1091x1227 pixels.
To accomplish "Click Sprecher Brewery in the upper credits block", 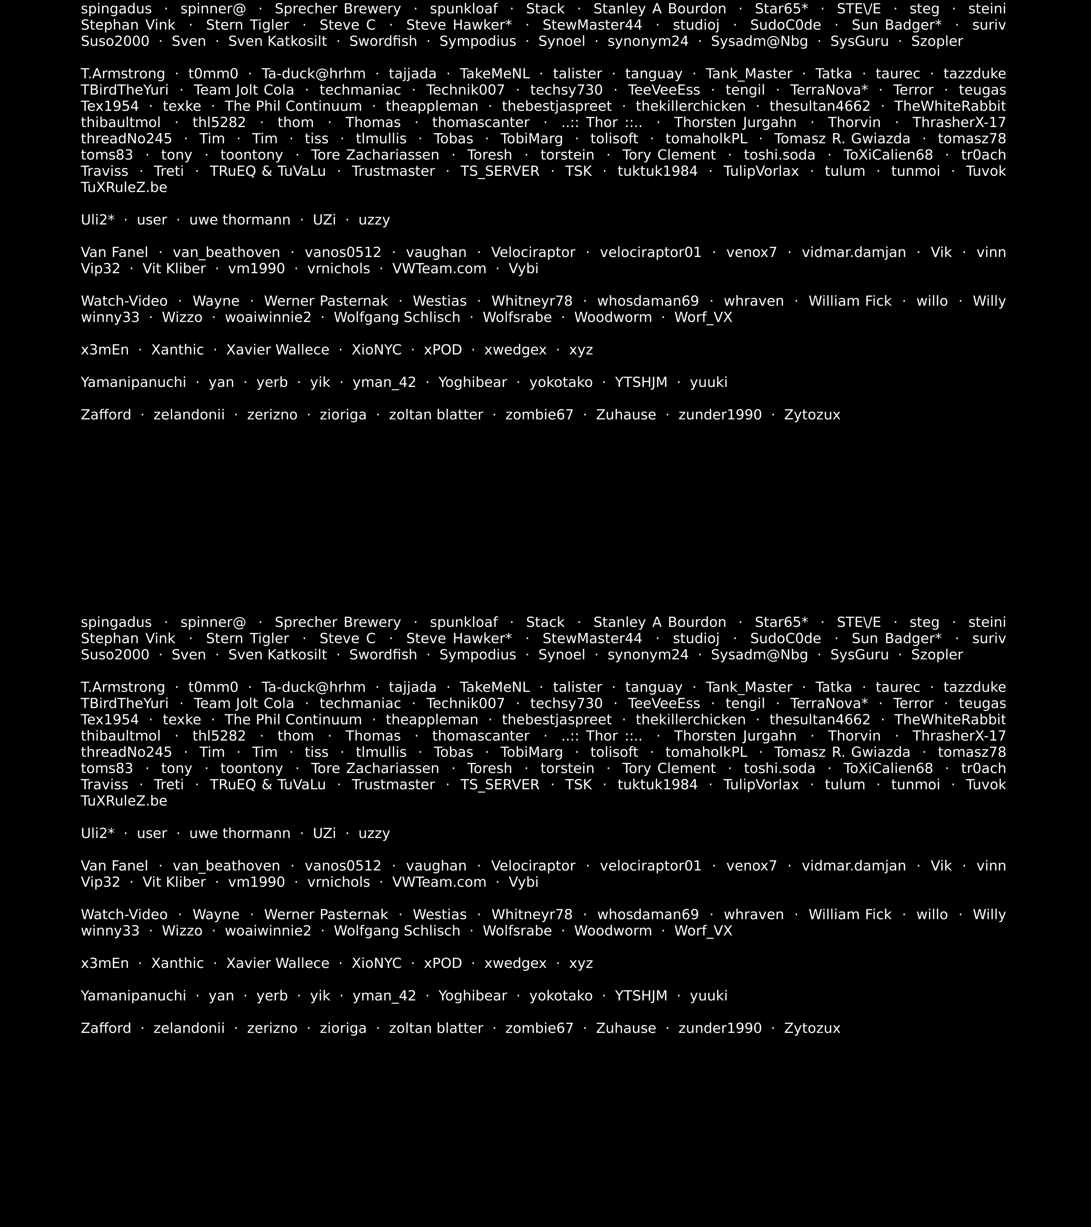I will tap(337, 9).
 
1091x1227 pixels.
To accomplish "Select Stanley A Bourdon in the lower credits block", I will tap(659, 622).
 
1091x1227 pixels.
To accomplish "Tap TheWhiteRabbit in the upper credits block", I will tap(950, 106).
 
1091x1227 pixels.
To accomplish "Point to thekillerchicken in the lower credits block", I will tap(691, 720).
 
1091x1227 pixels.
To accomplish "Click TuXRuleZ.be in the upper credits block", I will tap(124, 188).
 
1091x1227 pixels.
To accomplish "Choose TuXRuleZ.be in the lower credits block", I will tap(124, 801).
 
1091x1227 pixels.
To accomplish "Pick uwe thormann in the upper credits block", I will tap(239, 220).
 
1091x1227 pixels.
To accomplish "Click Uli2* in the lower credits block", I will tap(97, 834).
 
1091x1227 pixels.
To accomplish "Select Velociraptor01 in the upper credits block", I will tap(650, 253).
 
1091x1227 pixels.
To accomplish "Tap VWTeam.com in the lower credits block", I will tap(439, 882).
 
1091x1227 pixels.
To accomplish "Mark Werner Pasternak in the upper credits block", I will tap(326, 301).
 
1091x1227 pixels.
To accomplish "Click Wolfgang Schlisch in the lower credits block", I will tap(397, 931).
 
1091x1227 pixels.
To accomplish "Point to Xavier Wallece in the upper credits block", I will tap(277, 350).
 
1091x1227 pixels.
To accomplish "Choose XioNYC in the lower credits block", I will tap(376, 964).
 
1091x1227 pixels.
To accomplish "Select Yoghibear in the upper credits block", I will tap(473, 382).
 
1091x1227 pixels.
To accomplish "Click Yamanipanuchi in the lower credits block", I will tap(133, 996).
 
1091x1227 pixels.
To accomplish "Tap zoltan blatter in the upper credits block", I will tap(436, 415).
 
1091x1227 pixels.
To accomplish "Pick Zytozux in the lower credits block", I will tap(812, 1028).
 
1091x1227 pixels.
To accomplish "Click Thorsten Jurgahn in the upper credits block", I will tap(735, 122).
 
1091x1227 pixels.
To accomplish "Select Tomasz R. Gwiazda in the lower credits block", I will tap(842, 752).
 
